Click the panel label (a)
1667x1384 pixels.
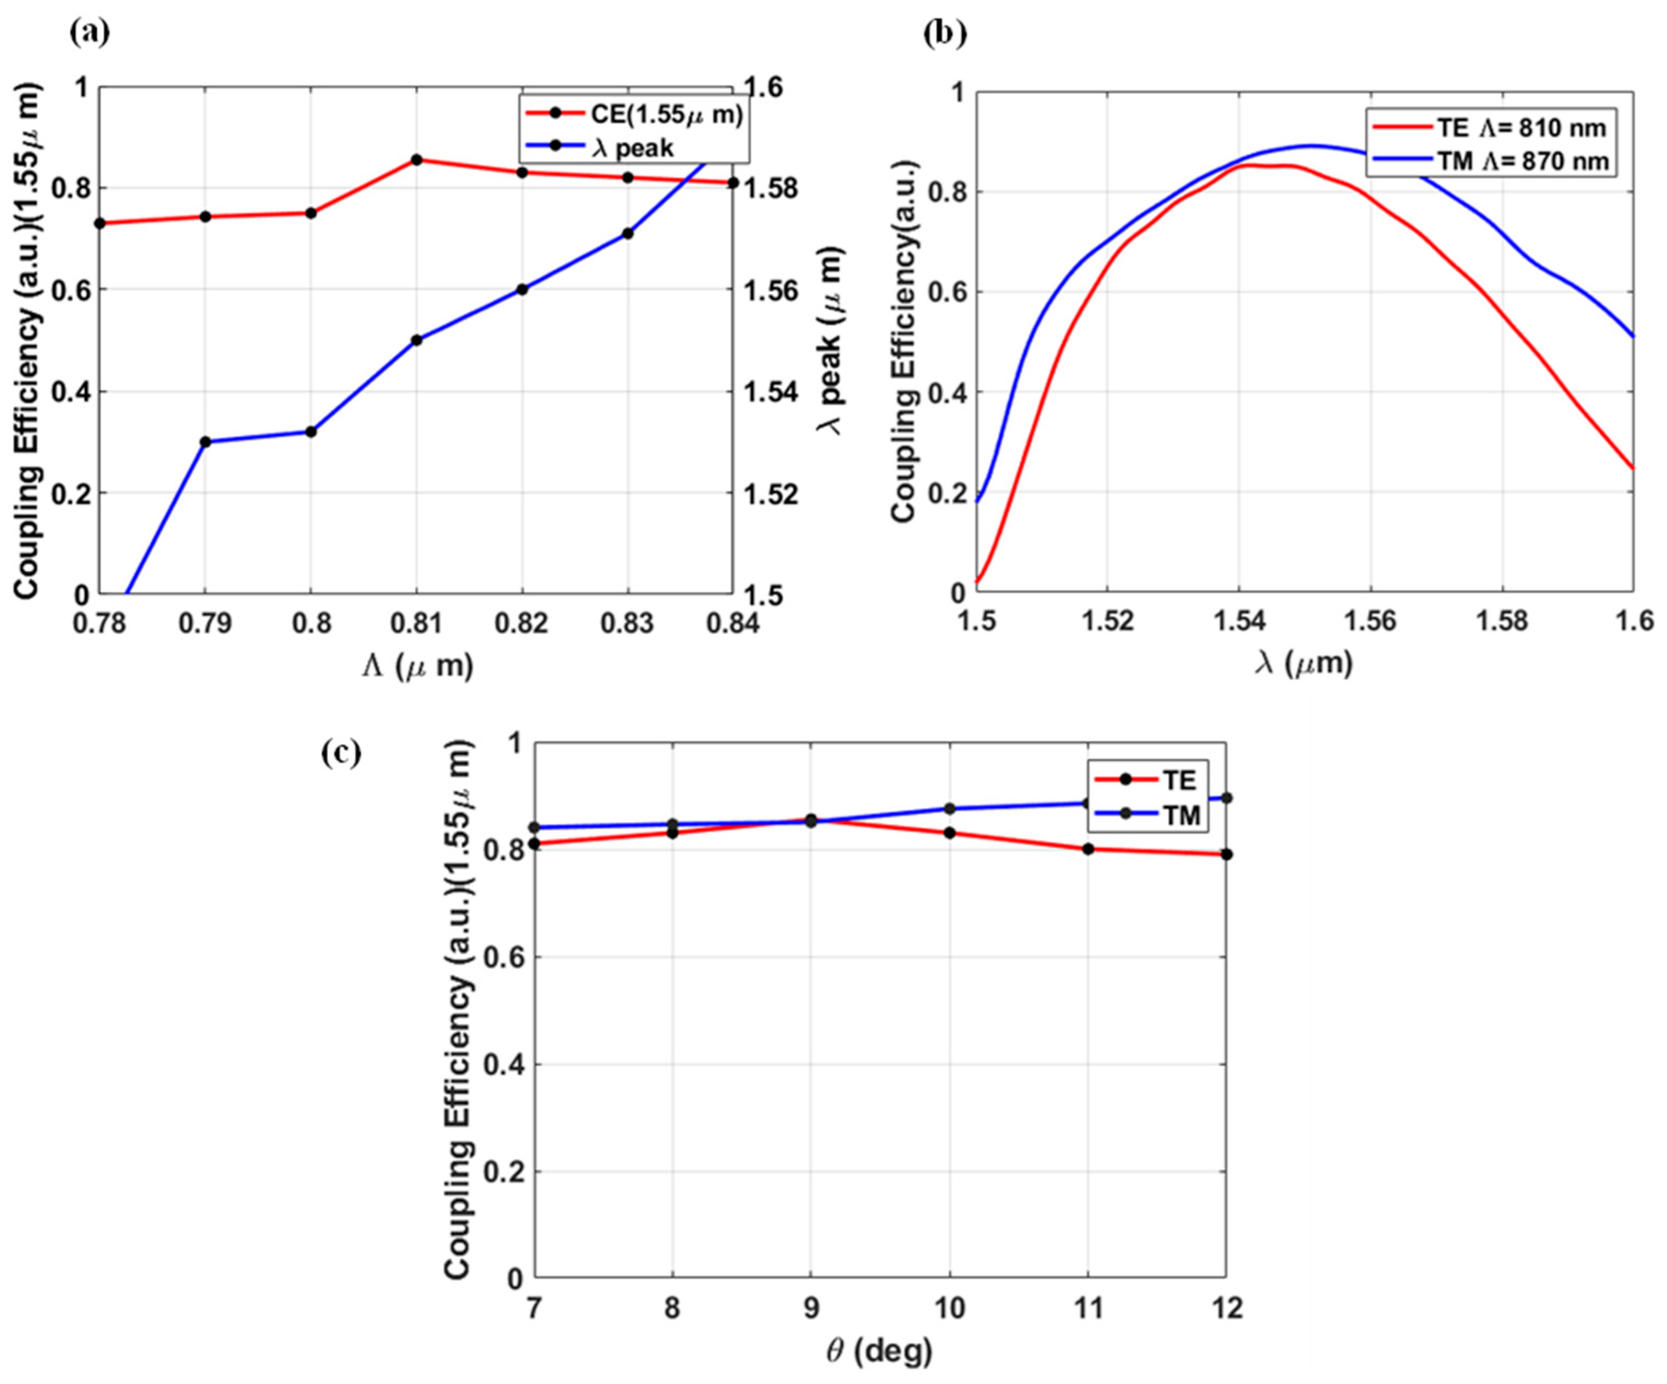(x=90, y=33)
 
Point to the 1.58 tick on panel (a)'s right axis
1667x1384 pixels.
(x=764, y=189)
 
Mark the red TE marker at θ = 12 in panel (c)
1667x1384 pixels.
(x=1227, y=854)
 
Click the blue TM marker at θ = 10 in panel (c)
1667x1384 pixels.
(x=949, y=808)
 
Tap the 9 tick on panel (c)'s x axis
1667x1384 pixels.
(x=810, y=1308)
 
